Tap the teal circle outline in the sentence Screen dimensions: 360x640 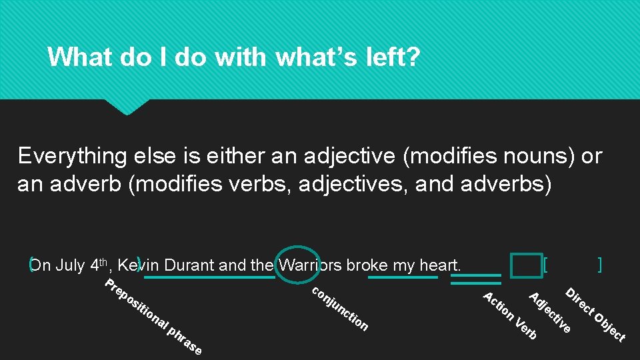pos(297,265)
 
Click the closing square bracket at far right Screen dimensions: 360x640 pos(601,265)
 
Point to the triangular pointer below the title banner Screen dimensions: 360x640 pos(127,107)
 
